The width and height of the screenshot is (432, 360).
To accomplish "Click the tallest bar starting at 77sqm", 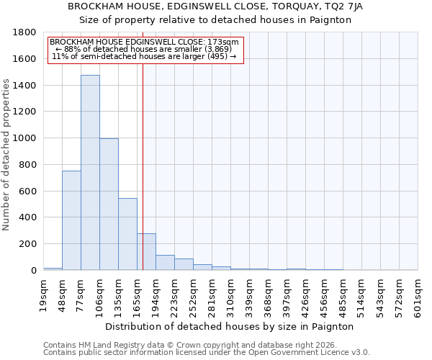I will (x=90, y=173).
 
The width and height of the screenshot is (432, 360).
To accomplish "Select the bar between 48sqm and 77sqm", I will (x=71, y=220).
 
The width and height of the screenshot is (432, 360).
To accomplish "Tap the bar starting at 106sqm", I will (x=109, y=204).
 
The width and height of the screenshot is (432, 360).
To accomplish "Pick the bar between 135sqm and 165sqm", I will (x=127, y=234).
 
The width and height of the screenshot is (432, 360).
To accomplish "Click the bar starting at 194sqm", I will (x=165, y=263).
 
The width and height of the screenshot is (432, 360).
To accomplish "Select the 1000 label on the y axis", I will (x=25, y=138).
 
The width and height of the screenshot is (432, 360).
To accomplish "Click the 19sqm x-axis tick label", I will (x=43, y=296).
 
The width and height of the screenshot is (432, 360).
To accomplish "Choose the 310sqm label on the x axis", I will (x=230, y=296).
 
